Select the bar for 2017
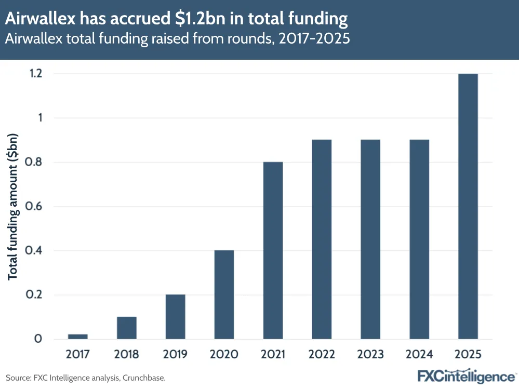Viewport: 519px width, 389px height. coord(77,337)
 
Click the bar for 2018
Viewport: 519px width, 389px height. coord(126,328)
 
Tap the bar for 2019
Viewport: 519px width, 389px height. coord(175,317)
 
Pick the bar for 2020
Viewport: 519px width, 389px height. coord(224,294)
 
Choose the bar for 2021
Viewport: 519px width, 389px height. coord(273,250)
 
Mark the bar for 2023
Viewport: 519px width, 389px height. coord(370,239)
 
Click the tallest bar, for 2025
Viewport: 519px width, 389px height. coord(468,206)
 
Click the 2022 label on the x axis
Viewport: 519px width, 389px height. coord(322,355)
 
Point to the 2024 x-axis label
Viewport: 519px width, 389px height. coord(419,355)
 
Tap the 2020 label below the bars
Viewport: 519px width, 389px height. coord(224,355)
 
